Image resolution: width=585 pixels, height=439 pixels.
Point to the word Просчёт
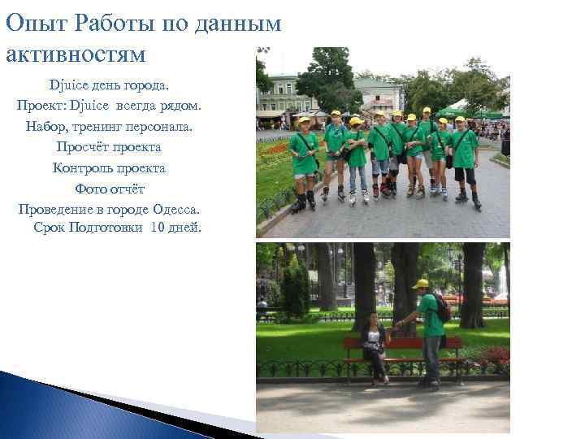(x=80, y=146)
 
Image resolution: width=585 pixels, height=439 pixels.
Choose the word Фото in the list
(x=90, y=188)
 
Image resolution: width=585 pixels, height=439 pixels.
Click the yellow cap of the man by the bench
(x=420, y=284)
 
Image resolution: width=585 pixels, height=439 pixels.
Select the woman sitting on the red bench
(x=375, y=346)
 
